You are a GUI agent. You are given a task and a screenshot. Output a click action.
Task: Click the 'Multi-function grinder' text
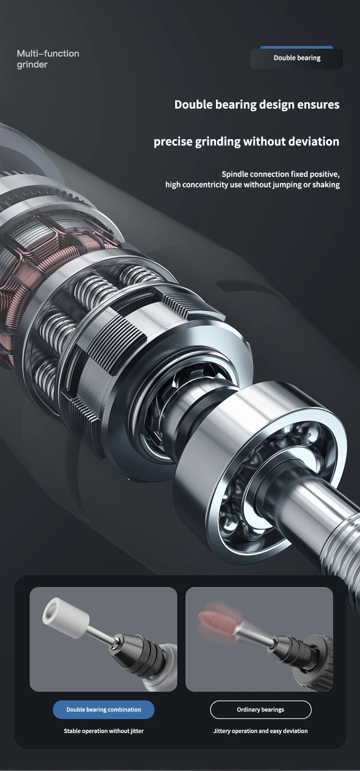48,59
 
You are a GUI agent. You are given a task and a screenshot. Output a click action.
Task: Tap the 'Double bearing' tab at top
297,58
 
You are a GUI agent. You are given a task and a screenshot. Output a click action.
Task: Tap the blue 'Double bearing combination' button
104,710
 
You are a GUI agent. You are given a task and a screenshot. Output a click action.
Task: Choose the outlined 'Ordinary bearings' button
261,710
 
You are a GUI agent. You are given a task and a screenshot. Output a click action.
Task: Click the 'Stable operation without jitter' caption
104,731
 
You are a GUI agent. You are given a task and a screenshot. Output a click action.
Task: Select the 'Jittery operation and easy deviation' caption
261,731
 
